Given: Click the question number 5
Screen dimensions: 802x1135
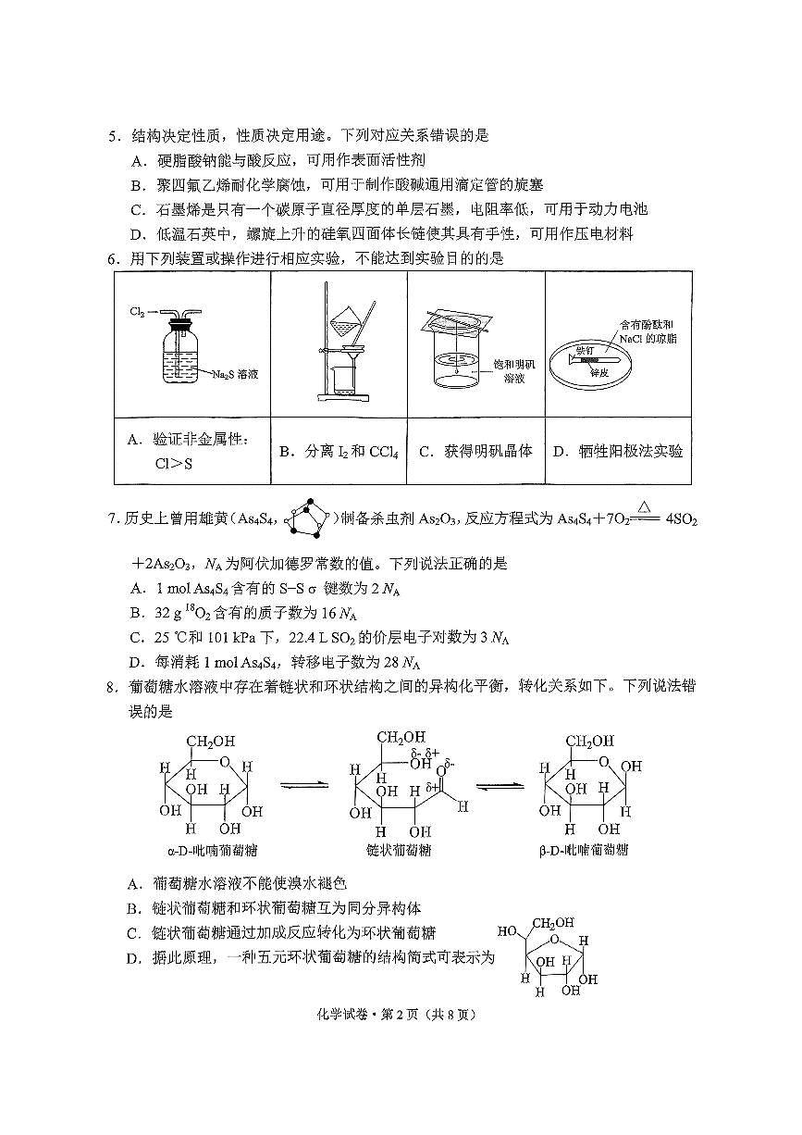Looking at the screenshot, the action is [x=113, y=136].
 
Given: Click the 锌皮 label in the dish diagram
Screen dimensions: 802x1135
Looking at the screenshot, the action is [x=602, y=372].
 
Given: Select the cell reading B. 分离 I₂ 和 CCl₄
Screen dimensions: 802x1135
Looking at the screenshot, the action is [x=339, y=452].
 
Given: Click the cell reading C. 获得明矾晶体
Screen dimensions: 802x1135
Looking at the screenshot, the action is [x=475, y=452].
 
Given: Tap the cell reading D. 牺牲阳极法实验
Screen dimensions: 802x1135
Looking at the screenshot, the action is [x=618, y=452].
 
